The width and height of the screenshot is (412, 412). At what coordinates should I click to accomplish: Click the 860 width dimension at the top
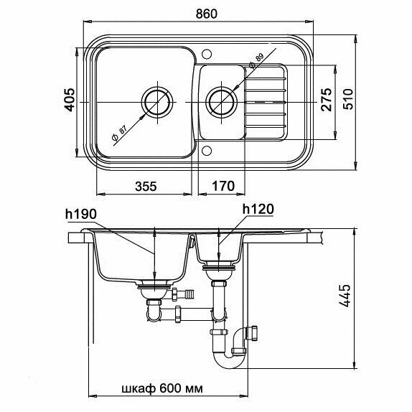207,14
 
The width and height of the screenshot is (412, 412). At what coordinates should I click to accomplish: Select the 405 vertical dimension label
70,100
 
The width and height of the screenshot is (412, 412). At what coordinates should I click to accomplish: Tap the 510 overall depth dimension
349,99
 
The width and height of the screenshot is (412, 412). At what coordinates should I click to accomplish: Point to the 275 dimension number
327,100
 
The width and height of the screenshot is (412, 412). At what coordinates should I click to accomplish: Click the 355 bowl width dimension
146,186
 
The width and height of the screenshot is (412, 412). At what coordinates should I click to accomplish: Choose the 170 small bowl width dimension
223,186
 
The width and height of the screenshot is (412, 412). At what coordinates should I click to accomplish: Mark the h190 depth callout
81,215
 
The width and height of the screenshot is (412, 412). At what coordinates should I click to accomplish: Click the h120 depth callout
258,210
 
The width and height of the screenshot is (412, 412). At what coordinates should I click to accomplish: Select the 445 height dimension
345,295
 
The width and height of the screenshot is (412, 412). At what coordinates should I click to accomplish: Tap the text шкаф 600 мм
162,388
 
